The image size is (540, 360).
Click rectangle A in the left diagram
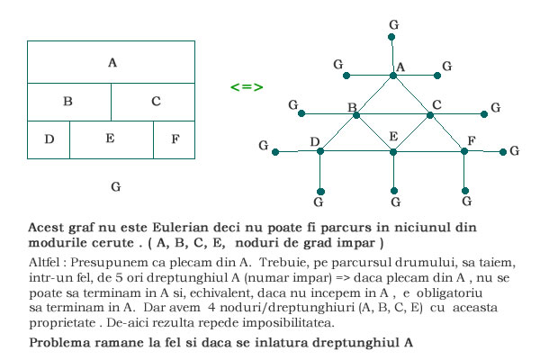(x=112, y=63)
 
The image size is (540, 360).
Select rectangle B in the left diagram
(x=68, y=102)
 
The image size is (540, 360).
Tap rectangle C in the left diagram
(x=154, y=102)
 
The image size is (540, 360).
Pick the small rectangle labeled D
(x=49, y=139)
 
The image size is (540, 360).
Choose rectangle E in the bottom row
(x=111, y=139)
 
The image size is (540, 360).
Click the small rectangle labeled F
(x=175, y=139)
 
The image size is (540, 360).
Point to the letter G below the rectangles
(x=114, y=186)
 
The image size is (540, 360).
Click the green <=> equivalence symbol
(x=246, y=87)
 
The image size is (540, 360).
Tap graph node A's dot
(x=392, y=75)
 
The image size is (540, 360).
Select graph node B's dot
(x=356, y=114)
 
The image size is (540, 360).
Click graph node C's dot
(x=429, y=114)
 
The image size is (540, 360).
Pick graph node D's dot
(x=320, y=151)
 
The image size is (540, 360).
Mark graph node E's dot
(x=392, y=151)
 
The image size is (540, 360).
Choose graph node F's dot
(x=464, y=151)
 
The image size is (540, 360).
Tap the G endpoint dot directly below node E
(x=393, y=190)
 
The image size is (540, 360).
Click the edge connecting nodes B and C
(x=392, y=114)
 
